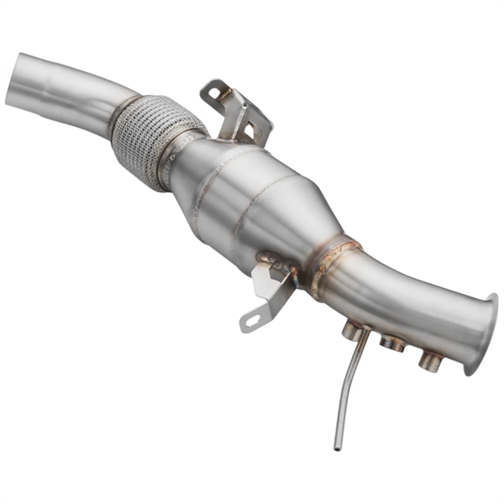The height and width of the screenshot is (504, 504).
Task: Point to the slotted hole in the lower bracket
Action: [x=253, y=318]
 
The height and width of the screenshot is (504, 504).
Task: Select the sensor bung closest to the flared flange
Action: [x=431, y=361]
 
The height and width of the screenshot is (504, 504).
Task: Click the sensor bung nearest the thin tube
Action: [x=354, y=332]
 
